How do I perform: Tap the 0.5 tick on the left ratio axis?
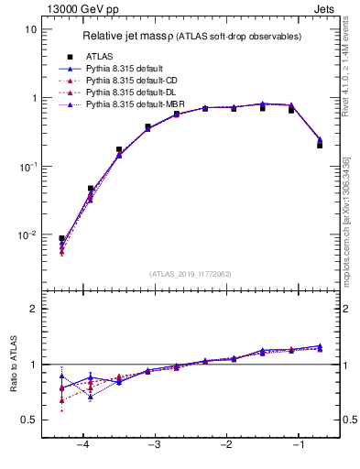point(29,420)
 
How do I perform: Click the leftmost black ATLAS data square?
point(61,238)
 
